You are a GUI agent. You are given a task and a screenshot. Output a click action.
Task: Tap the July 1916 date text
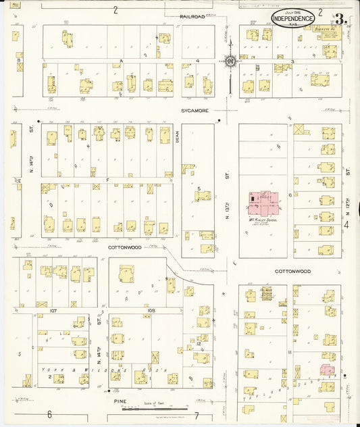[292, 12]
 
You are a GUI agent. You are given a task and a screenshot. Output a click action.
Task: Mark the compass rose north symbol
[230, 62]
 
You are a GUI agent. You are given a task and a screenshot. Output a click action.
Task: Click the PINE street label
[120, 401]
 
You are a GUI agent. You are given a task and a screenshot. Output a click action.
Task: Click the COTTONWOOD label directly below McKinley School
[292, 271]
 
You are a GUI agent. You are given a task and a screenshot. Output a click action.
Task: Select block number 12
[198, 344]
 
